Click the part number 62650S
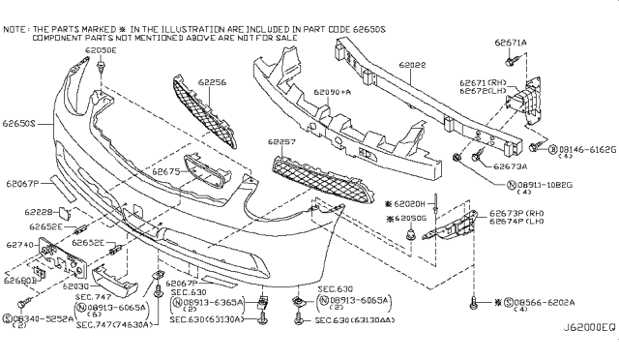18,124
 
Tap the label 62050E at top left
100,47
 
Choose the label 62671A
512,44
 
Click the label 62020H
413,204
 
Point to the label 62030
74,285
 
